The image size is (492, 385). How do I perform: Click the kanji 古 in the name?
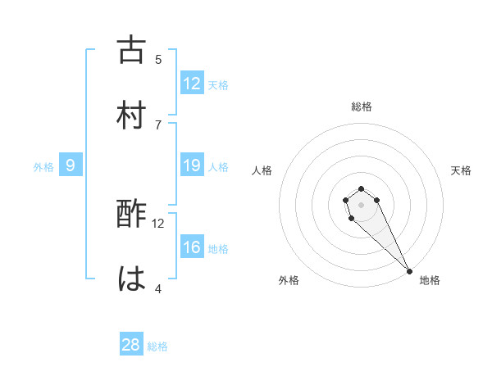tap(131, 50)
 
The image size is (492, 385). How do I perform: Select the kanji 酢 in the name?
tap(131, 215)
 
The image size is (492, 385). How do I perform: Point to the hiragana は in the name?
tap(131, 279)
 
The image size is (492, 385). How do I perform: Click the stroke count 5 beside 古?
tap(158, 59)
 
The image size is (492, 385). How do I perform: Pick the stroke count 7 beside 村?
tap(158, 124)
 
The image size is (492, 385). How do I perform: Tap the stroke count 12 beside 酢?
tap(158, 223)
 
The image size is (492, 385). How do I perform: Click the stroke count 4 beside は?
tap(158, 288)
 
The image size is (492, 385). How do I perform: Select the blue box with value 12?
tap(192, 84)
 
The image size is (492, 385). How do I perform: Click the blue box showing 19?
tap(192, 166)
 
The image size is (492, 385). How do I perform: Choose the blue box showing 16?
tap(192, 247)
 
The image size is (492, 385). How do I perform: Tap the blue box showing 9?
tap(71, 166)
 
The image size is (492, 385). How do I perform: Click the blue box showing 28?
tap(131, 345)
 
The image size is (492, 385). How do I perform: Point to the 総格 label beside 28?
tap(157, 346)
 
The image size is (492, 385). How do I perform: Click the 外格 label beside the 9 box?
tap(43, 167)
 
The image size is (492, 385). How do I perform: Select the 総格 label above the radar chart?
tap(362, 106)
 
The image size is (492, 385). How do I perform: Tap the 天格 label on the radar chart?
tap(462, 170)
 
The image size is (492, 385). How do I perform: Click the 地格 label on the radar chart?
tap(430, 280)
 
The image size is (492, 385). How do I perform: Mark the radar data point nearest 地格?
tap(409, 271)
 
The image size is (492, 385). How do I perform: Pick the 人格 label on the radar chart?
tap(262, 170)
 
